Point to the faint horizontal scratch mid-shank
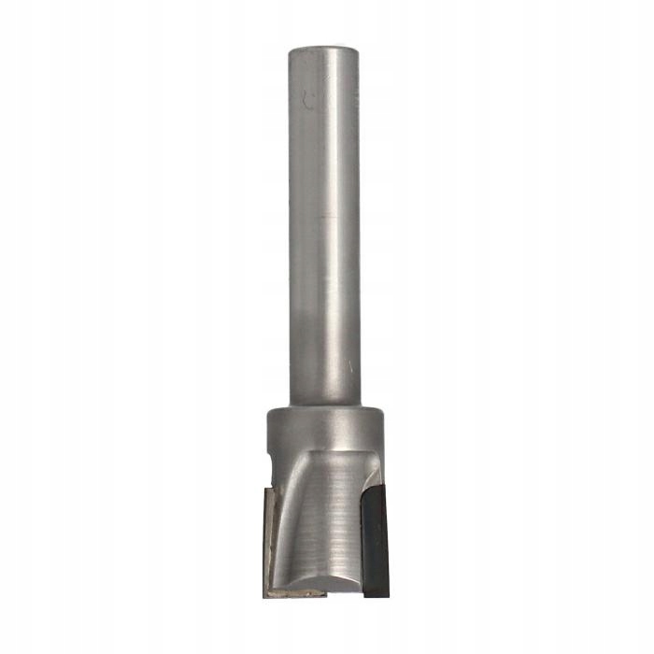click(326, 217)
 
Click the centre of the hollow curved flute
click(318, 523)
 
